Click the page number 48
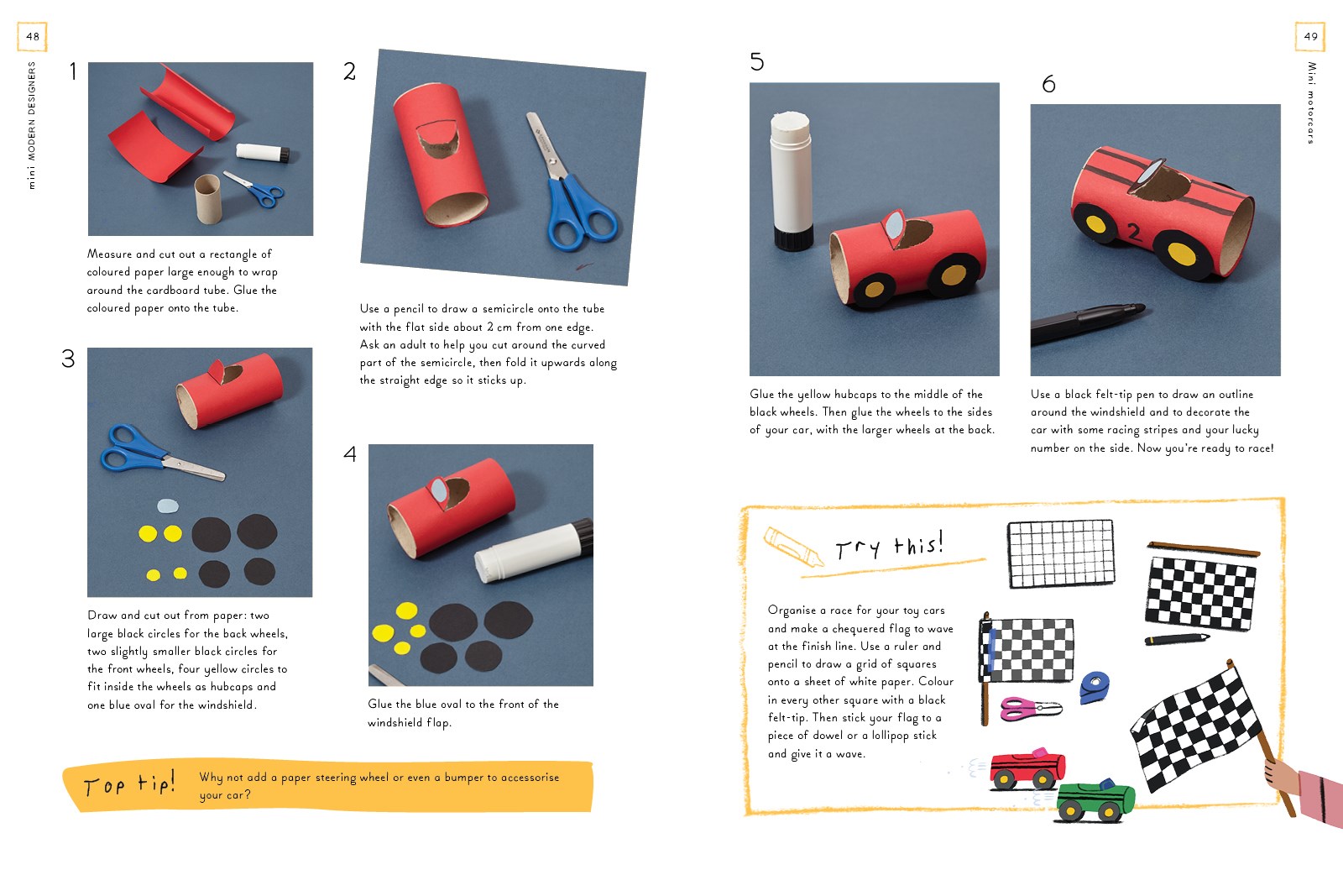click(x=33, y=36)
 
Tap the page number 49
click(x=1310, y=36)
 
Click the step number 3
click(x=68, y=359)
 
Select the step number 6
click(x=1048, y=84)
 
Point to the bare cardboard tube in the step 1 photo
click(x=207, y=199)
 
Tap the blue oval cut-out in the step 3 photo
click(x=168, y=506)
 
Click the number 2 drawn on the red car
click(x=1134, y=232)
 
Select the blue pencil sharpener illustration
click(x=1095, y=686)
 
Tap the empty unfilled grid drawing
click(x=1061, y=553)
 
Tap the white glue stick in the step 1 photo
click(x=263, y=153)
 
